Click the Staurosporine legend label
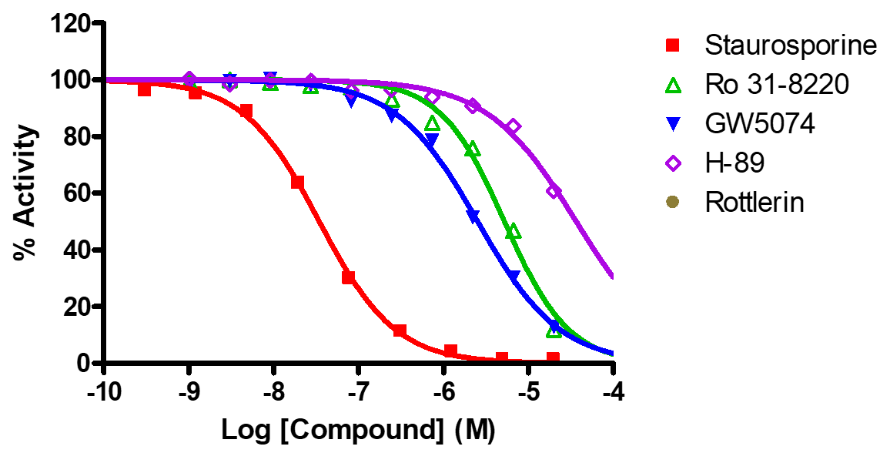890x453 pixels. tap(791, 45)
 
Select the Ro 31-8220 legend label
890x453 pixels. tap(777, 85)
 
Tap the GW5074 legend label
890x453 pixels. tap(759, 124)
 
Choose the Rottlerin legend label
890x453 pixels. tap(754, 203)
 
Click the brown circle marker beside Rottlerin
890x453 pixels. tap(673, 203)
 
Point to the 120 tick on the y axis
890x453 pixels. tap(72, 23)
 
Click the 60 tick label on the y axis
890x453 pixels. tap(80, 193)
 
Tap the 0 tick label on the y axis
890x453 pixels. tap(88, 363)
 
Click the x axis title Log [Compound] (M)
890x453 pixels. tap(359, 429)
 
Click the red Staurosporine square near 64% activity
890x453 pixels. tap(297, 183)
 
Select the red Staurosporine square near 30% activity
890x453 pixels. tap(348, 277)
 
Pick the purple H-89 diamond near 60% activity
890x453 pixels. tap(554, 190)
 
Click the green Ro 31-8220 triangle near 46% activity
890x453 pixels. tap(514, 232)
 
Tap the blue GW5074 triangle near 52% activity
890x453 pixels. tap(473, 216)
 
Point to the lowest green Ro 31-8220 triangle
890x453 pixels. tap(554, 331)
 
